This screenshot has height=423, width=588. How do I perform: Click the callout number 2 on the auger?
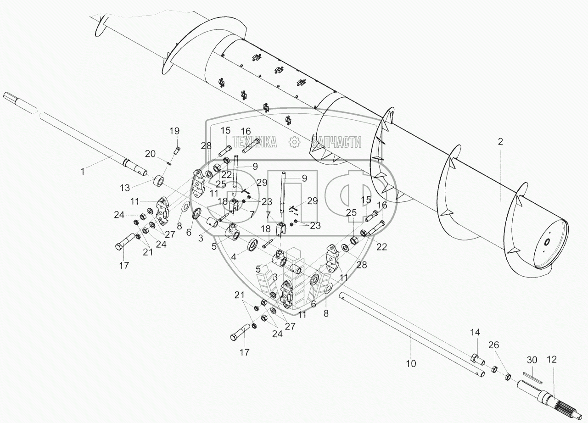(500, 142)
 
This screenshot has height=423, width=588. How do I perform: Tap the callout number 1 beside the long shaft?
(83, 172)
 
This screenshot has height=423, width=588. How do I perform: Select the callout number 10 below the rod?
(411, 364)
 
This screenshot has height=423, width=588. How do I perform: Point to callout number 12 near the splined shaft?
(552, 360)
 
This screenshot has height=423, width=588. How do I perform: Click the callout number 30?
(532, 360)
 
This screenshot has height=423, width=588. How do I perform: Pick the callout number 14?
(475, 333)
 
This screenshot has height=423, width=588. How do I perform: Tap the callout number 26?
(493, 345)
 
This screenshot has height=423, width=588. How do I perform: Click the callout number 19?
(174, 131)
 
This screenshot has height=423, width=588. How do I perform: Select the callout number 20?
(150, 154)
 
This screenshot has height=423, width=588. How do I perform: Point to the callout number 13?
(125, 188)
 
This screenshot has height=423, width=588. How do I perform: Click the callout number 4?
(234, 256)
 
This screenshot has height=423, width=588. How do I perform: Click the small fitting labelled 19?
(178, 150)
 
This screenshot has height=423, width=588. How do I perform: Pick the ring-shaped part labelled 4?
(254, 245)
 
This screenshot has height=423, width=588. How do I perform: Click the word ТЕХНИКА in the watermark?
(254, 142)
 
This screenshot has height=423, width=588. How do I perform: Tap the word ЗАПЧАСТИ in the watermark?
(336, 142)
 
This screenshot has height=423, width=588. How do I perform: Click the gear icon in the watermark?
(294, 142)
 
